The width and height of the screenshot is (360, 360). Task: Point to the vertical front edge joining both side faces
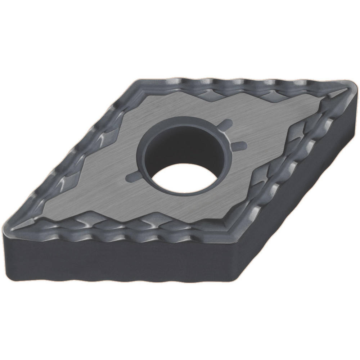(232, 274)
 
